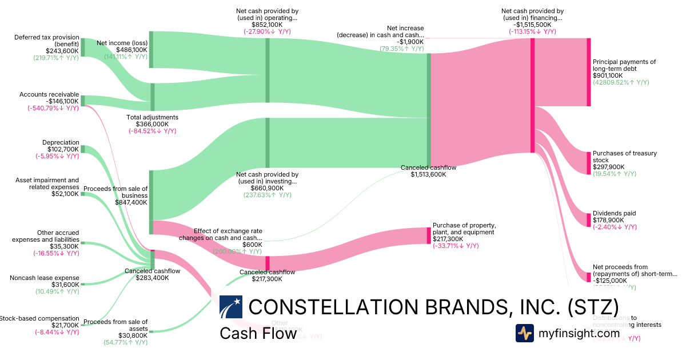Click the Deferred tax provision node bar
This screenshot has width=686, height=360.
coord(82,47)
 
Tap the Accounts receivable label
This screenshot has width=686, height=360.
coord(49,94)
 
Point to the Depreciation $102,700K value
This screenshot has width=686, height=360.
coord(61,149)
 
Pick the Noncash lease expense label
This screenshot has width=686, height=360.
coord(45,278)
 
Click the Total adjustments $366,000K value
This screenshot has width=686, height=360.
coord(152,124)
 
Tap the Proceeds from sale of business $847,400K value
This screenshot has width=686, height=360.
coord(131,202)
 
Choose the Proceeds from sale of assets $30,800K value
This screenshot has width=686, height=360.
coord(131,335)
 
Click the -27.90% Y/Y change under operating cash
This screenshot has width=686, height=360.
coord(267,32)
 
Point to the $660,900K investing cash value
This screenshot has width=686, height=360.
coord(268,187)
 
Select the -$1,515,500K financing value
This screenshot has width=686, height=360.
coord(532,25)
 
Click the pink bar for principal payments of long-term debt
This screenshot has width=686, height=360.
coord(588,72)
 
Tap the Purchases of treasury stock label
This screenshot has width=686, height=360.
coord(624,157)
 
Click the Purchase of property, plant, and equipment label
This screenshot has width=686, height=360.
coord(464,229)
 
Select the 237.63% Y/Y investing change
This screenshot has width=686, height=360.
coord(267,195)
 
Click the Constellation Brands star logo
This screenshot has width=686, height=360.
coord(231,307)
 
